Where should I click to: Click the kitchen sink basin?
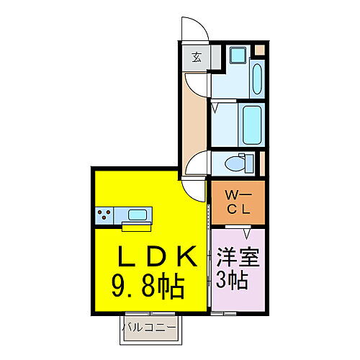[x=135, y=214]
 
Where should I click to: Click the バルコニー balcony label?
[x=149, y=328]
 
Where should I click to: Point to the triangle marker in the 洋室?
[x=247, y=232]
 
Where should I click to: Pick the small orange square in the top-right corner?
[x=260, y=49]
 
